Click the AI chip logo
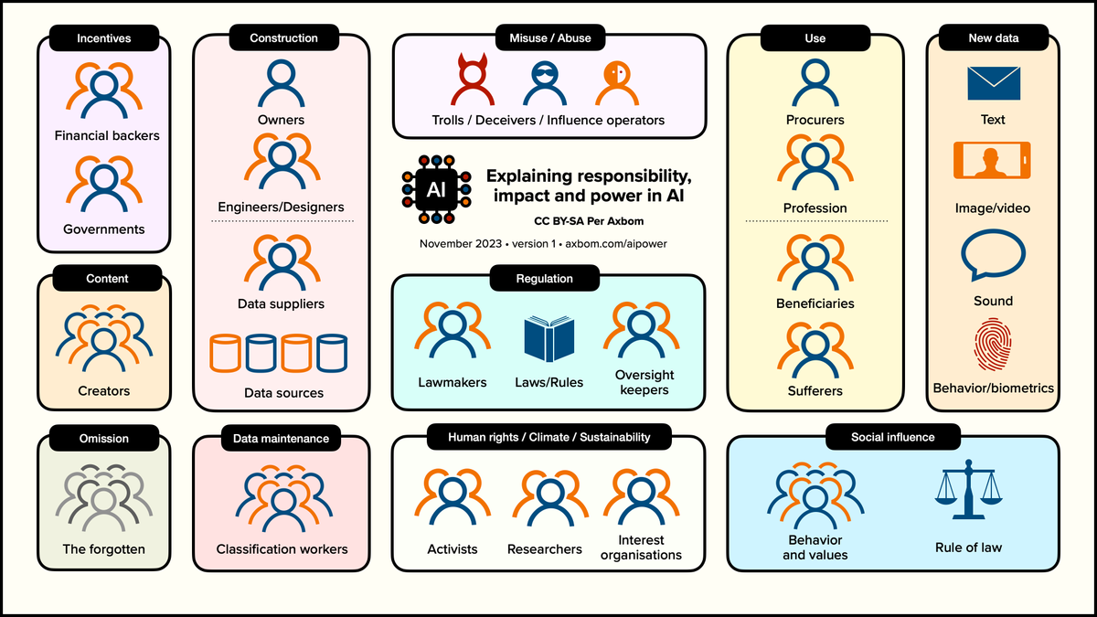[x=436, y=189]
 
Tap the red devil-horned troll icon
[x=473, y=80]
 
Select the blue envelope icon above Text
[x=994, y=83]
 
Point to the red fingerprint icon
[x=993, y=345]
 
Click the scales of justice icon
[x=968, y=489]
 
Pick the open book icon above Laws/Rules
[x=549, y=339]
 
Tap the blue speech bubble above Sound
[x=993, y=255]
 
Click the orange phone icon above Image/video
[x=992, y=160]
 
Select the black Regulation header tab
[x=545, y=278]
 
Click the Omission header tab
[x=104, y=438]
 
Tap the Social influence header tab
[x=893, y=437]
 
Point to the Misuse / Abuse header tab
[x=550, y=37]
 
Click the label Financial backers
[x=107, y=135]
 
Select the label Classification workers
[x=282, y=549]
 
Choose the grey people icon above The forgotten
[x=104, y=498]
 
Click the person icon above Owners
[x=282, y=83]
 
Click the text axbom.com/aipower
[x=616, y=244]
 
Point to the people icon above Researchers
[x=550, y=497]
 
